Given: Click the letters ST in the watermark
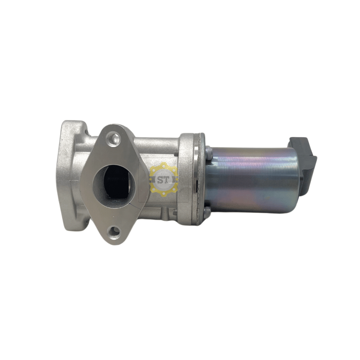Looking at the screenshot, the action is click(x=163, y=180).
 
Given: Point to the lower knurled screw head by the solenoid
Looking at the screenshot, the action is click(x=207, y=210).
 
